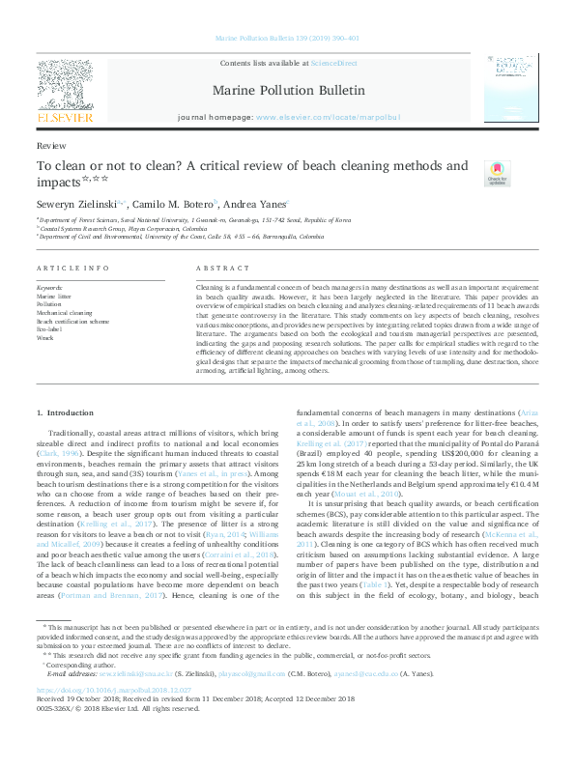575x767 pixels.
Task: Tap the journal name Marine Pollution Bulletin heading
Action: tap(288, 90)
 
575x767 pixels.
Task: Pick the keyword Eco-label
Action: tap(48, 329)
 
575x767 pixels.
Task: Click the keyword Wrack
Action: tap(44, 338)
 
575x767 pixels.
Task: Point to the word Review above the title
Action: tap(51, 144)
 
